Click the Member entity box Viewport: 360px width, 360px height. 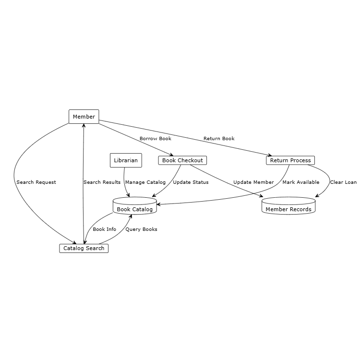84,117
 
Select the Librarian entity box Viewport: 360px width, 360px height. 126,160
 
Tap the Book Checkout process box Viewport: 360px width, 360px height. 182,160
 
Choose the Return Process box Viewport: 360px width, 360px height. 290,160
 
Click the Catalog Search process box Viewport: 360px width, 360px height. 84,248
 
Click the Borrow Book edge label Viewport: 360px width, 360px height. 155,139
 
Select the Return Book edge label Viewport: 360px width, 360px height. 219,139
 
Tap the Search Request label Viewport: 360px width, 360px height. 36,182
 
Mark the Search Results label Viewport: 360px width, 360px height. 102,182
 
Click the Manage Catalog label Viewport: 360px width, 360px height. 145,182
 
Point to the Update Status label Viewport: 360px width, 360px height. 191,182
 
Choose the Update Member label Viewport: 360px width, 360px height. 253,182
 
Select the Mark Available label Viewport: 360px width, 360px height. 300,182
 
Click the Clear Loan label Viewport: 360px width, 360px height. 343,182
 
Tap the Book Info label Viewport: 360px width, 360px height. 104,229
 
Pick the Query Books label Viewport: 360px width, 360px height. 141,229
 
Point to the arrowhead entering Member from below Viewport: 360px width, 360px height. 84,125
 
